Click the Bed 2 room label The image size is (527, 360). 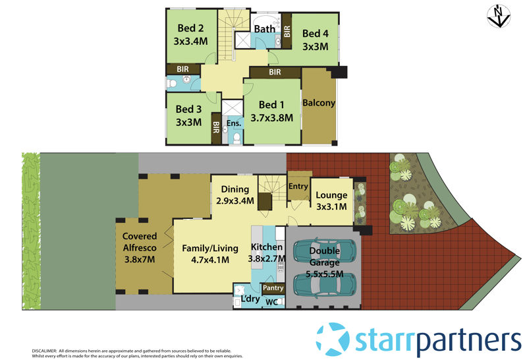190,28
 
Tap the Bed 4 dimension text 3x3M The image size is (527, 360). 316,47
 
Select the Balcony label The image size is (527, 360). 319,103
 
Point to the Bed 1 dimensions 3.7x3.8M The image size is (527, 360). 271,118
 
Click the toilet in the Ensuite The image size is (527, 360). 237,138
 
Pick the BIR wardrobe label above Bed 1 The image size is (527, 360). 275,72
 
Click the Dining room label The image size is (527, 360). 235,189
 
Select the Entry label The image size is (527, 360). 298,187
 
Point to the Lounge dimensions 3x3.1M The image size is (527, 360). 331,206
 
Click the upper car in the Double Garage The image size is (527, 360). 325,250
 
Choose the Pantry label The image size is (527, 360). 273,288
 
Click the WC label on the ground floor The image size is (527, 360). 271,302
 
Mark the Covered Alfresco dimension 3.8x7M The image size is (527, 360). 140,259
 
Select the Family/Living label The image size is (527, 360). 210,249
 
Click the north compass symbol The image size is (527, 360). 499,16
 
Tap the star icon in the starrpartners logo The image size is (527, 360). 333,338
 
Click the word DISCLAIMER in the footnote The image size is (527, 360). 44,351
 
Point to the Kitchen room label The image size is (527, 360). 267,247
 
